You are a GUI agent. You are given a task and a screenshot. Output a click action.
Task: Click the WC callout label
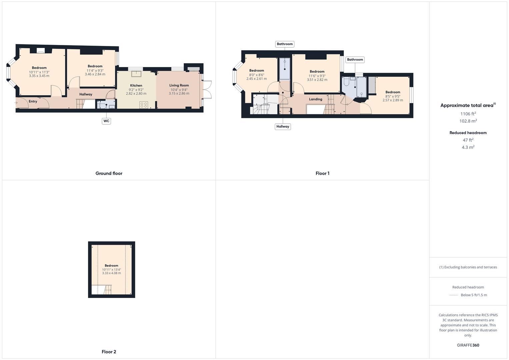click(106, 121)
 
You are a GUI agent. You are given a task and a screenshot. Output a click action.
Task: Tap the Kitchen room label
click(136, 86)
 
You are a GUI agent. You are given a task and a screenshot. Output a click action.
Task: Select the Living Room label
click(179, 85)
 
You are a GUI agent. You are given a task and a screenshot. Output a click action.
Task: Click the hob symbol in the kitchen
click(144, 105)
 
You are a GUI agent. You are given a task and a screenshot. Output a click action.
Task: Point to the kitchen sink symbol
click(136, 74)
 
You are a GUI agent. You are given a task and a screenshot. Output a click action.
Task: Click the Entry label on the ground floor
click(33, 101)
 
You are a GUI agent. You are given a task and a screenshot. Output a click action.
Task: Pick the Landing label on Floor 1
click(315, 99)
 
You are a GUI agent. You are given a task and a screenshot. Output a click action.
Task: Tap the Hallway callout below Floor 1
click(283, 127)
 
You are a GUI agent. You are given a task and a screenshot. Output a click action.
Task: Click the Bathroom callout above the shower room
click(285, 44)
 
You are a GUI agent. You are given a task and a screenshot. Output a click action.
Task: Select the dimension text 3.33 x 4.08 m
click(111, 273)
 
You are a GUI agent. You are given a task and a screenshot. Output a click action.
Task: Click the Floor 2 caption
click(109, 352)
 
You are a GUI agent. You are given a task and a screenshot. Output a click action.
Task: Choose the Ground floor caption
click(109, 173)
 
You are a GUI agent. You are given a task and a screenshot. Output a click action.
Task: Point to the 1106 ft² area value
click(468, 114)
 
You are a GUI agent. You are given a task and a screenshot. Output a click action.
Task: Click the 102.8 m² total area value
click(468, 121)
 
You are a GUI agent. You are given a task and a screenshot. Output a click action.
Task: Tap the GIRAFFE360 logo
click(468, 345)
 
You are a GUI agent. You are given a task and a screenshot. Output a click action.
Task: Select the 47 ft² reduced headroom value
click(468, 140)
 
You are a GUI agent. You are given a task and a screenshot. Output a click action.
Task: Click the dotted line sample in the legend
click(454, 295)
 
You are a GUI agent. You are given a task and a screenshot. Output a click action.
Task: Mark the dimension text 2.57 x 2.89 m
click(393, 100)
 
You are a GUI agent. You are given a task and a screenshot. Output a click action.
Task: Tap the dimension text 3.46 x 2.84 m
click(95, 74)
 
